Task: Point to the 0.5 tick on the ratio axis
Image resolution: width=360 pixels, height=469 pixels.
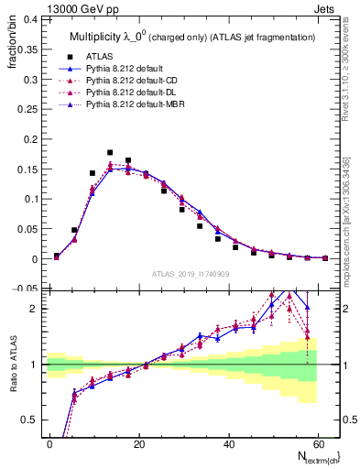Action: pos(33,420)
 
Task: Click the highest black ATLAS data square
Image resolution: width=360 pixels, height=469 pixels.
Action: pos(110,152)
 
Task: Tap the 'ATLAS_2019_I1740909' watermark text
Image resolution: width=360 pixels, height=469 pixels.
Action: pos(190,274)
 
